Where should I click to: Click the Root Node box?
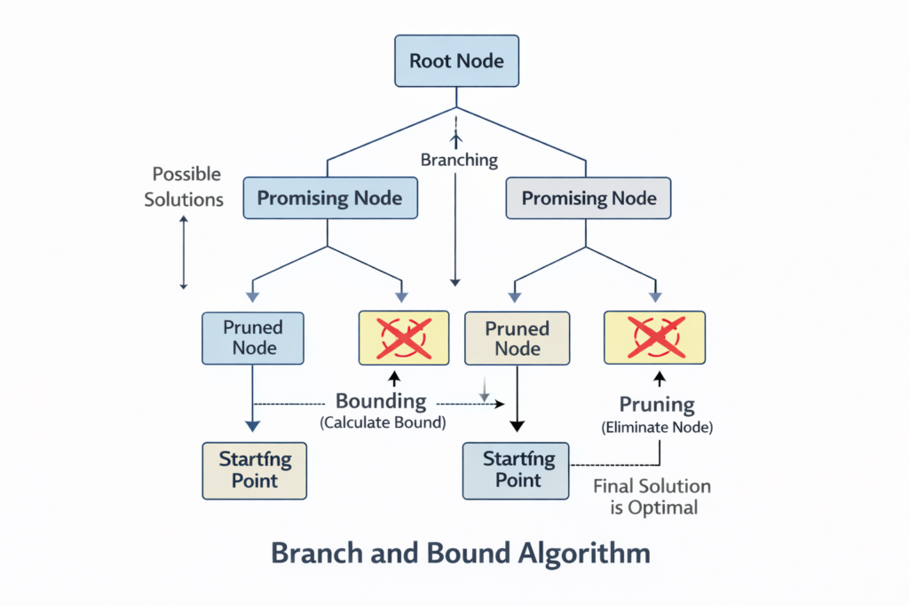click(x=455, y=61)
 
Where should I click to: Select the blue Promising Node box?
click(x=328, y=197)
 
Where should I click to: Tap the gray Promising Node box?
click(x=589, y=197)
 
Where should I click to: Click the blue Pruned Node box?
click(x=254, y=337)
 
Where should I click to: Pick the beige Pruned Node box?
click(x=517, y=337)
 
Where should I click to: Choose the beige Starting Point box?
click(x=254, y=469)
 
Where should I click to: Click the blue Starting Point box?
click(x=517, y=469)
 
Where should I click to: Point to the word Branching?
click(x=459, y=161)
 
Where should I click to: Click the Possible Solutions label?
click(x=185, y=186)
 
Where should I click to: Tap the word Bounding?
click(x=380, y=402)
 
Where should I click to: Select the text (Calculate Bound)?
click(x=383, y=422)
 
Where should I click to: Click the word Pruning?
click(x=657, y=405)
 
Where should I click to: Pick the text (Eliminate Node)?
click(x=657, y=427)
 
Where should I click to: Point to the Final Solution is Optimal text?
click(x=652, y=497)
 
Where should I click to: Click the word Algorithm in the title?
click(x=583, y=554)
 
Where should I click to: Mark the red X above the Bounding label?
click(x=405, y=337)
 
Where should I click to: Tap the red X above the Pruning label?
click(x=653, y=337)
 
